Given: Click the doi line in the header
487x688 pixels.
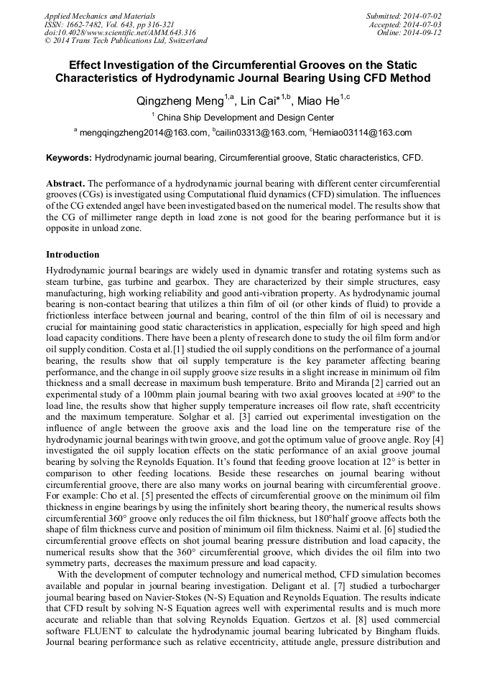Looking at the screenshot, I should click(120, 32).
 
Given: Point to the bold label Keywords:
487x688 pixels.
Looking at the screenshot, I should click(69, 157).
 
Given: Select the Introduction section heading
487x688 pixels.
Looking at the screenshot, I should click(73, 255).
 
